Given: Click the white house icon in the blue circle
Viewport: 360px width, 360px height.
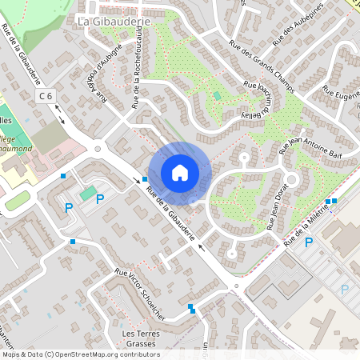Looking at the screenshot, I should pyautogui.click(x=180, y=173).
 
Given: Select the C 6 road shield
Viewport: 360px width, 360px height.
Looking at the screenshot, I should pyautogui.click(x=47, y=96).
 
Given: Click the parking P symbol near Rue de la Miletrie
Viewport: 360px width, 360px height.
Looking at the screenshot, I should pyautogui.click(x=309, y=242).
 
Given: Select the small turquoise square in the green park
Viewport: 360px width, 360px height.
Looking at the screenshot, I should pyautogui.click(x=217, y=96).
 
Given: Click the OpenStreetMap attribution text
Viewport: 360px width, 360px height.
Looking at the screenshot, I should pyautogui.click(x=80, y=354).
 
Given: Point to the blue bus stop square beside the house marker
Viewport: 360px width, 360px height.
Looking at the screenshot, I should pyautogui.click(x=145, y=179).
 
